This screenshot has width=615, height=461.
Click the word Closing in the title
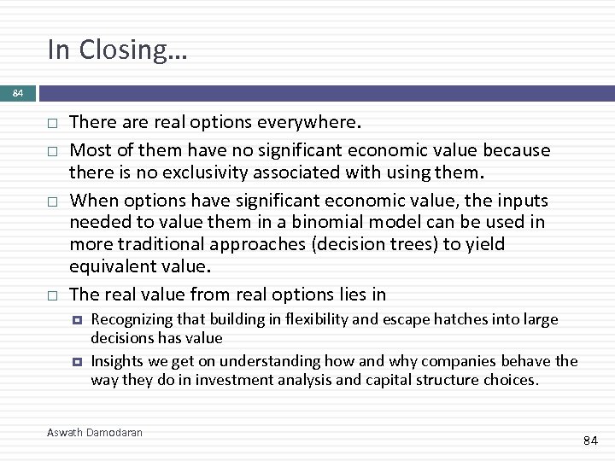132,50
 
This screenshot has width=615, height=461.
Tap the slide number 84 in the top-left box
17,93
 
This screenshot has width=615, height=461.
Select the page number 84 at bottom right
590,441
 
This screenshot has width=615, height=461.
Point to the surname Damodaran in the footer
115,432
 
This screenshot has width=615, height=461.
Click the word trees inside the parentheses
460,245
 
